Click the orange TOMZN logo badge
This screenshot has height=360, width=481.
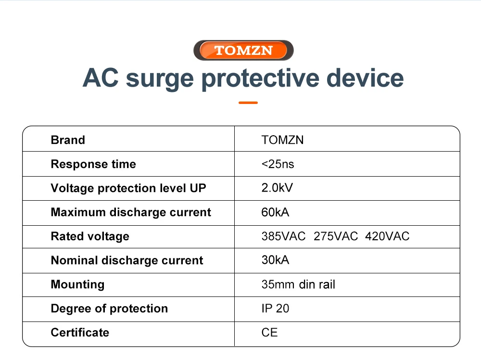point(243,51)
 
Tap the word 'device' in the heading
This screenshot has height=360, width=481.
point(365,78)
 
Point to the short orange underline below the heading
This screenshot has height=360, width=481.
point(248,103)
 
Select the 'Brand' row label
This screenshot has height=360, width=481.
point(68,140)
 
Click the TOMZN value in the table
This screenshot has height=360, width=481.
point(282,140)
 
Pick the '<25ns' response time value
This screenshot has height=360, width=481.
point(278,164)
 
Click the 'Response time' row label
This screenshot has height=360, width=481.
point(93,164)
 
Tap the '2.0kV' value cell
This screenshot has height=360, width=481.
point(278,188)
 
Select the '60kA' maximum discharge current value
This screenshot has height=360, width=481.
point(275,212)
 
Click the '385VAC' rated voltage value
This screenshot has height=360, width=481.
point(283,236)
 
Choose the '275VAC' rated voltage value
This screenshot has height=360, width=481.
point(336,236)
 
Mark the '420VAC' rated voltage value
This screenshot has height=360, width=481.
point(387,236)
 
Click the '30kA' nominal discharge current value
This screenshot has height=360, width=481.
point(275,260)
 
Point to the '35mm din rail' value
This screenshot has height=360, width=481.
point(298,284)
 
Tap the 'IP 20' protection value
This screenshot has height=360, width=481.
point(275,309)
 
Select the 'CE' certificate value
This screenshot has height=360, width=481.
point(269,333)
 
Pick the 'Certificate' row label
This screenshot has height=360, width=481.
point(80,333)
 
